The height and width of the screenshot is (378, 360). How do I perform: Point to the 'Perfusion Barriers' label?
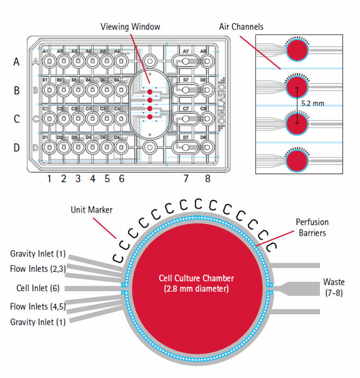(312, 227)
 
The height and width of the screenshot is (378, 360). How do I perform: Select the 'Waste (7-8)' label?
(334, 288)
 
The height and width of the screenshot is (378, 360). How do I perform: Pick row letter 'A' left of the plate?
(16, 62)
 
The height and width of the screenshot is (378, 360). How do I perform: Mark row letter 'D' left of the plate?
(16, 147)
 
